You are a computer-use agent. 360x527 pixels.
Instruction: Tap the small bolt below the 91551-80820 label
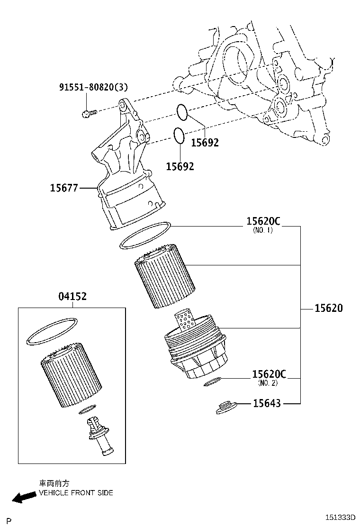(88, 113)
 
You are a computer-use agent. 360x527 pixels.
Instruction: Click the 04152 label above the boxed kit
(72, 297)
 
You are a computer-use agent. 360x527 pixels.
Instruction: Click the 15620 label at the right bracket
(328, 309)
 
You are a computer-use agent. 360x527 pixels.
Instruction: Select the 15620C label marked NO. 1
(263, 221)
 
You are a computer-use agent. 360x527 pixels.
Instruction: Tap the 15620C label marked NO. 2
(269, 374)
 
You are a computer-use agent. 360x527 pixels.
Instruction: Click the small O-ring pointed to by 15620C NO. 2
(212, 381)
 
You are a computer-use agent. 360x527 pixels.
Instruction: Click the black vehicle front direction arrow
(24, 497)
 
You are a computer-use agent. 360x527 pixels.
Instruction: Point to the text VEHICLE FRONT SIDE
(76, 493)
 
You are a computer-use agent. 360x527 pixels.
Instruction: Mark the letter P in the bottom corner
(9, 520)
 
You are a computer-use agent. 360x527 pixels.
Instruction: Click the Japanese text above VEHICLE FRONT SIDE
(54, 483)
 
